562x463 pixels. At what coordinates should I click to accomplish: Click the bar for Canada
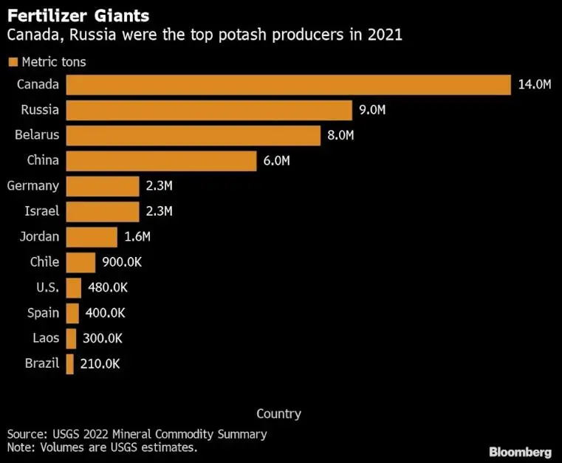coord(288,85)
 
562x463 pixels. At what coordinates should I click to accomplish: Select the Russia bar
coord(209,110)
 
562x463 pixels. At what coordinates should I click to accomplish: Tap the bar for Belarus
coord(193,136)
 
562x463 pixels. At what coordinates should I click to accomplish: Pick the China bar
coord(161,161)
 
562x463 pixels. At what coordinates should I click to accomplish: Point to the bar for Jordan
coord(92,237)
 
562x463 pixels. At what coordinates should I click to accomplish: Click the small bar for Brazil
coord(70,364)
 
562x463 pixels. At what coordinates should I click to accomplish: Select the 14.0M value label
coord(535,85)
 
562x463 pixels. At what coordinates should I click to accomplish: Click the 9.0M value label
coord(372,111)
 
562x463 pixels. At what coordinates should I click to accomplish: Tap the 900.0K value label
coord(125,263)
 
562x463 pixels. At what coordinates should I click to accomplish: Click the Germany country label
coord(32,186)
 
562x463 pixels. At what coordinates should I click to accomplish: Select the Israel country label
coord(42,212)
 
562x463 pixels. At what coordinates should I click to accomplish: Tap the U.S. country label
coord(47,288)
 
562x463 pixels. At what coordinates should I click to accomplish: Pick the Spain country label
coord(44,313)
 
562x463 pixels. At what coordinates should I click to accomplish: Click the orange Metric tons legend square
coord(12,62)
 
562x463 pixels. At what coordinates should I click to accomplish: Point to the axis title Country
coord(278,414)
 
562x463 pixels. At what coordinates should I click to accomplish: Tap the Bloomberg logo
coord(520,451)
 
